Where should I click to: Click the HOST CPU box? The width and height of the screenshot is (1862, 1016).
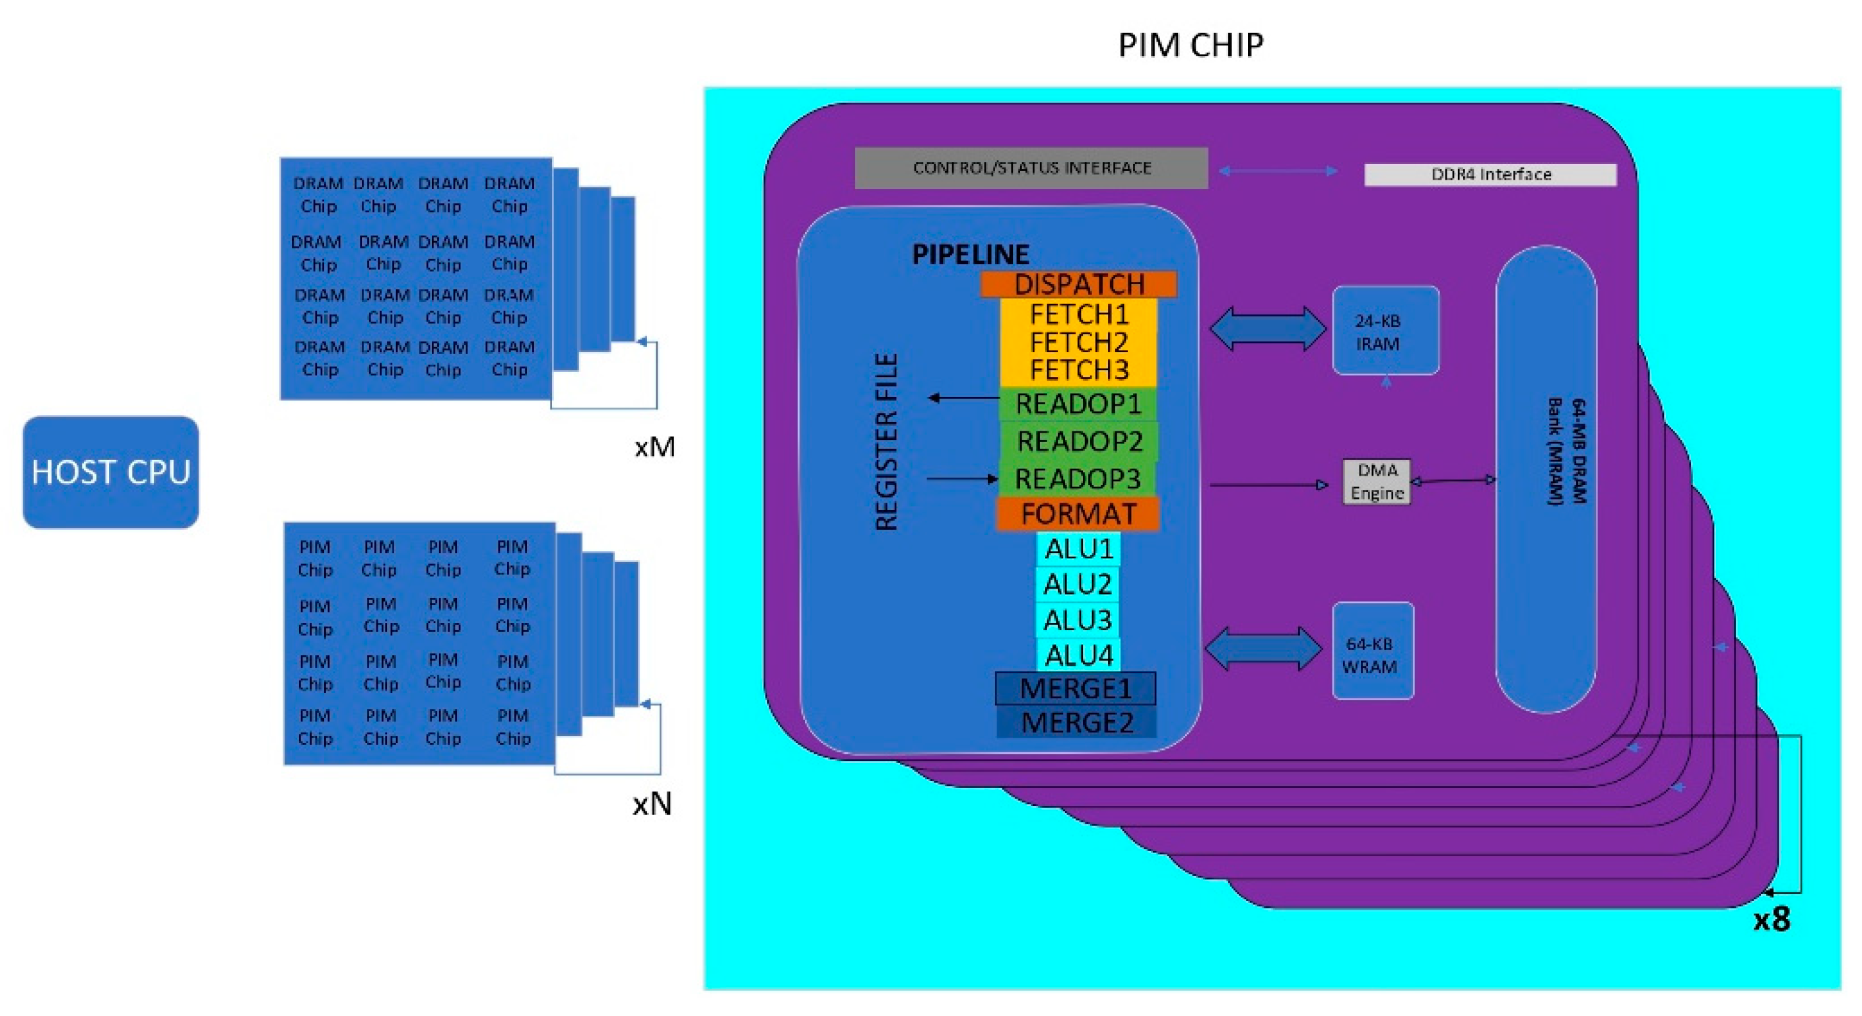click(x=110, y=472)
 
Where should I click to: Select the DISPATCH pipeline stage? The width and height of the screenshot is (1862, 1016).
click(x=1078, y=284)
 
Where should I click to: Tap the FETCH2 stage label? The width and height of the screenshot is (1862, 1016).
click(x=1078, y=342)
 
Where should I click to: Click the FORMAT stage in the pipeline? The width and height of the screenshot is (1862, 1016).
click(x=1078, y=514)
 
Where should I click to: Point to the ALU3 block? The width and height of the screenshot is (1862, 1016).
click(x=1078, y=620)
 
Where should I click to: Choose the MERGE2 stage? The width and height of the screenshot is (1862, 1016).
click(x=1077, y=723)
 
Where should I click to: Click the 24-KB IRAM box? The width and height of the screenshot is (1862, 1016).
click(x=1385, y=331)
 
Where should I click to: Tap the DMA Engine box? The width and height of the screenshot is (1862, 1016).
click(x=1376, y=482)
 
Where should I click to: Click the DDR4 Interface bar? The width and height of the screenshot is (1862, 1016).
click(x=1490, y=174)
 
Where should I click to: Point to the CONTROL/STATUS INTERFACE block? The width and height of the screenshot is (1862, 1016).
click(x=1031, y=168)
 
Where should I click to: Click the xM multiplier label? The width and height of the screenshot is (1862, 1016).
click(x=655, y=447)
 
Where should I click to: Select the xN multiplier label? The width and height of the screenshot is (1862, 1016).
click(x=652, y=803)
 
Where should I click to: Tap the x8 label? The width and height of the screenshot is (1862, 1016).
click(x=1772, y=919)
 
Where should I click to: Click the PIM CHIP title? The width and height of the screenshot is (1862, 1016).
click(x=1190, y=45)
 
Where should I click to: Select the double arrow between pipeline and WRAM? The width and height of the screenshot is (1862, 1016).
click(x=1264, y=649)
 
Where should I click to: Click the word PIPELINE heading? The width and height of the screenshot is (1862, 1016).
click(x=970, y=254)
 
